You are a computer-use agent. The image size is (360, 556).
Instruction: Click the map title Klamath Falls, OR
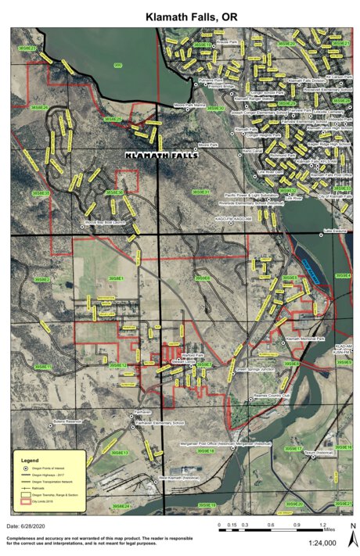point(181,16)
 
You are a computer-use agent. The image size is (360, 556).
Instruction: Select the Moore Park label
point(207,145)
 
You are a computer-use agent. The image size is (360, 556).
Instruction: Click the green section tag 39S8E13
point(119,453)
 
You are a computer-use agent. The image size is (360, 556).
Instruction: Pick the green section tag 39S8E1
point(116,278)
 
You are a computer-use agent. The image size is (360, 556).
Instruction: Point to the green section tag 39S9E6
point(203,278)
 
